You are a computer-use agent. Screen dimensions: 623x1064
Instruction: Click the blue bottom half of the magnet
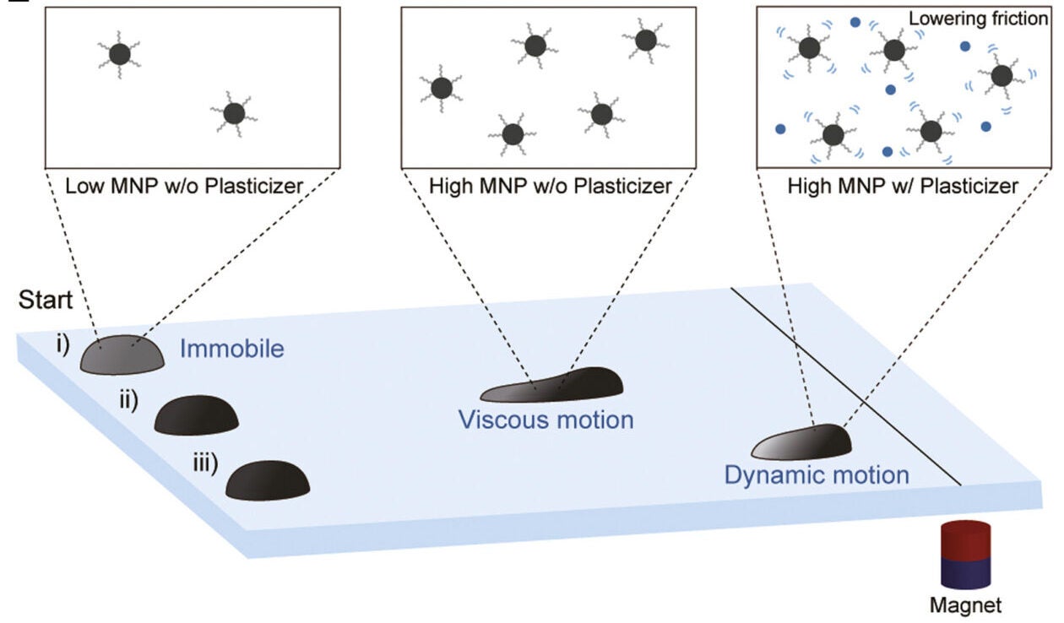pyautogui.click(x=965, y=573)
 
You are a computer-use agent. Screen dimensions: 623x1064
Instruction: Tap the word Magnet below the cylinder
pyautogui.click(x=965, y=605)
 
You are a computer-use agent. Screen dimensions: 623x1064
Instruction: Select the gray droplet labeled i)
pyautogui.click(x=122, y=355)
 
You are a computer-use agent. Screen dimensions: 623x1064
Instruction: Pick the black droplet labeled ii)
pyautogui.click(x=197, y=414)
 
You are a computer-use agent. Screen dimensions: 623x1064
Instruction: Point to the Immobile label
pyautogui.click(x=231, y=348)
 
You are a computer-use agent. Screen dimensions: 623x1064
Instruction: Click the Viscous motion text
pyautogui.click(x=546, y=419)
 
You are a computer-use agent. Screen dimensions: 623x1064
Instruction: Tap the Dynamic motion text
pyautogui.click(x=816, y=474)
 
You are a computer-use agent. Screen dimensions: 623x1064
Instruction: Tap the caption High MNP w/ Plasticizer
pyautogui.click(x=902, y=185)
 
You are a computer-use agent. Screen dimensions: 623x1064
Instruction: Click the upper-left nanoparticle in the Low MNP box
pyautogui.click(x=119, y=55)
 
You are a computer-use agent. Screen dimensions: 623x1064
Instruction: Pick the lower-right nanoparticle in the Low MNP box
pyautogui.click(x=234, y=113)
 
